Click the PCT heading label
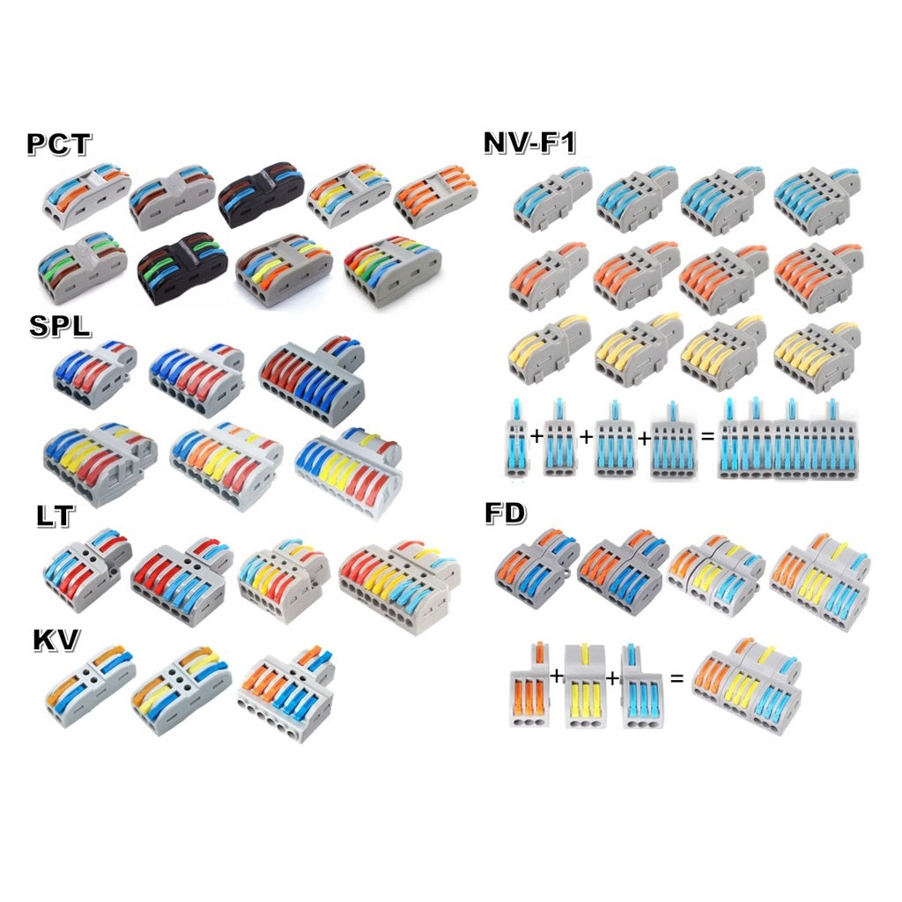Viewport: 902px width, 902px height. click(x=59, y=144)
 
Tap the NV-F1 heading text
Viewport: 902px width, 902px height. click(x=529, y=142)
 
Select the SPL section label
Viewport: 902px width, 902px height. click(x=61, y=326)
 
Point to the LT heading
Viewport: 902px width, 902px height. click(x=55, y=515)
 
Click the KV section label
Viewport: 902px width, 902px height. click(x=55, y=640)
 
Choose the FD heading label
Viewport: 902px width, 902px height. click(x=505, y=514)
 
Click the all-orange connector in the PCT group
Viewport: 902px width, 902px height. click(x=435, y=196)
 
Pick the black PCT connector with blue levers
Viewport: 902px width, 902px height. click(x=262, y=194)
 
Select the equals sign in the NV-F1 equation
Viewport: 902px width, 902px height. click(x=707, y=437)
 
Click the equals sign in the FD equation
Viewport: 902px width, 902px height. click(x=677, y=678)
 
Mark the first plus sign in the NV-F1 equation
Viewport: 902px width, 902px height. click(x=536, y=436)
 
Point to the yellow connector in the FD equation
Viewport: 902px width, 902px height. click(x=586, y=685)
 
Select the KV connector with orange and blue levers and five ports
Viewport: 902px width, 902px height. click(x=286, y=692)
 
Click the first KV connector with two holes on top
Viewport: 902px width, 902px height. click(x=91, y=685)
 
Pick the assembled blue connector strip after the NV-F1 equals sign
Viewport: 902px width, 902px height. click(x=788, y=439)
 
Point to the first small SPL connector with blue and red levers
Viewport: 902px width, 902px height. click(x=95, y=373)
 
